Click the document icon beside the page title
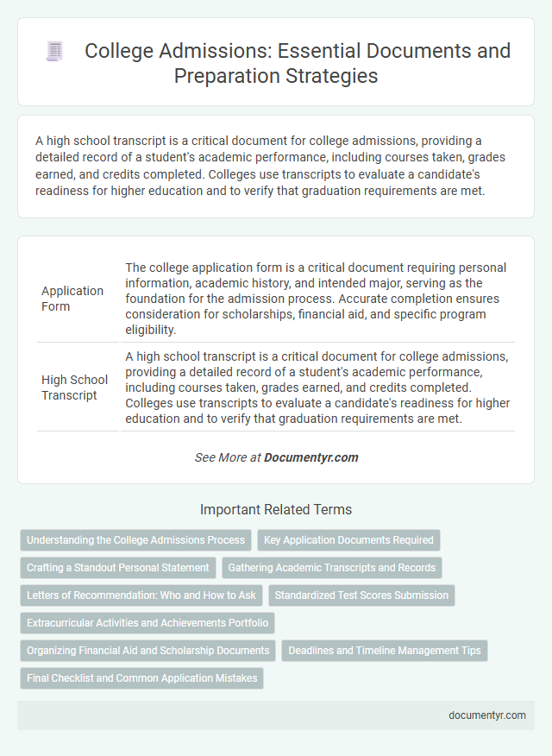click(53, 52)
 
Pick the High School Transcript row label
click(74, 387)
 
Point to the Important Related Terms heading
click(275, 509)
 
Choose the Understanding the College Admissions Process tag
click(135, 540)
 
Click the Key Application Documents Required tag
click(348, 540)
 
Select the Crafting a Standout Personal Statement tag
click(117, 568)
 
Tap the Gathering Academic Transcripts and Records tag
click(332, 568)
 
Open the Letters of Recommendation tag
click(141, 595)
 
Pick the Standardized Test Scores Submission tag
click(361, 595)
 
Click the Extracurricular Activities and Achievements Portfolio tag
click(147, 623)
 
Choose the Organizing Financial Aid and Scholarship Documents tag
click(147, 651)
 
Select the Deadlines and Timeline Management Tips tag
click(385, 651)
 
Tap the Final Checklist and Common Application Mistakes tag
click(141, 678)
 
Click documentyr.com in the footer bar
click(487, 715)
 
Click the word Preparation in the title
click(223, 75)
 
